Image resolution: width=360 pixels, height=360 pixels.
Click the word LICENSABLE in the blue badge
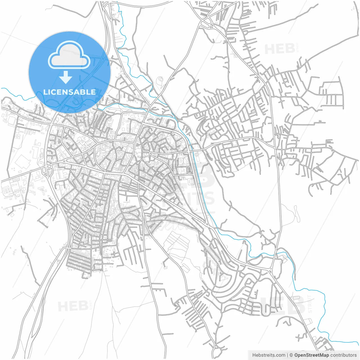click(69, 92)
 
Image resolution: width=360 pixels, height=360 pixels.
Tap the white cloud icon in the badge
click(69, 55)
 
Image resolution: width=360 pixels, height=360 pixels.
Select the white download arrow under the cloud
click(66, 77)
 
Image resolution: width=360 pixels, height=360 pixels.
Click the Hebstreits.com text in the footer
click(269, 355)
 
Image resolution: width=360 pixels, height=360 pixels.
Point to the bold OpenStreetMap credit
click(311, 355)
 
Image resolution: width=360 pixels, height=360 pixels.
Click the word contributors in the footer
click(343, 355)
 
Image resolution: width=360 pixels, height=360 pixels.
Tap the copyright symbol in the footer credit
click(291, 355)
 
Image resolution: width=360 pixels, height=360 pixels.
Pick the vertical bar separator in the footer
click(287, 355)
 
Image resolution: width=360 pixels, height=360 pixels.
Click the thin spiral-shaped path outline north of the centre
click(161, 80)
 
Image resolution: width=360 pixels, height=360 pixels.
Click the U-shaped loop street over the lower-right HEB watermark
click(287, 321)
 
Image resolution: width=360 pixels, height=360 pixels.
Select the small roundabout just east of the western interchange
click(65, 161)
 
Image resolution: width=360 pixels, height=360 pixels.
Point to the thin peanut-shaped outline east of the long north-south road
click(296, 214)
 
